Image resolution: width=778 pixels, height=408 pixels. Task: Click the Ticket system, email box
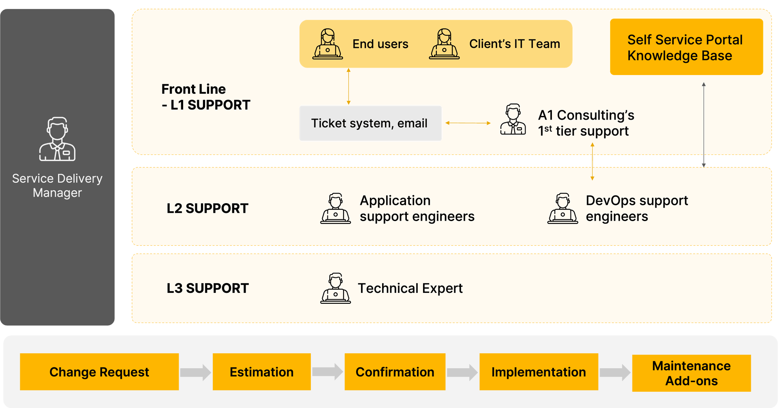click(x=370, y=123)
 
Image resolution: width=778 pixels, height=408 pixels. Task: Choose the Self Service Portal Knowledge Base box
click(x=686, y=47)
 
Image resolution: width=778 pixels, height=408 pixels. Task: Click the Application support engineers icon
click(x=336, y=208)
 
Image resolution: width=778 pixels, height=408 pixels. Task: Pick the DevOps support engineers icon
click(x=562, y=208)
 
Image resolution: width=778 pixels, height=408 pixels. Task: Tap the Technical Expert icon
click(x=336, y=288)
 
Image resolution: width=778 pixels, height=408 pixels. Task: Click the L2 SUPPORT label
click(x=207, y=208)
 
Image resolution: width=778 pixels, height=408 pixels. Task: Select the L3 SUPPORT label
click(x=207, y=288)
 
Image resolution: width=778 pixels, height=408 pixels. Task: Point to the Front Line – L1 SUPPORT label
click(x=205, y=97)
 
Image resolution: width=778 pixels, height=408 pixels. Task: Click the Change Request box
click(x=99, y=372)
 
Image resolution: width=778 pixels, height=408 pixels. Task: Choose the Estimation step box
click(x=262, y=372)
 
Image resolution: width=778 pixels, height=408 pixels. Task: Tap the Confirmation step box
click(x=395, y=372)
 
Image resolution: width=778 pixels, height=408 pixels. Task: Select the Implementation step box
click(x=539, y=372)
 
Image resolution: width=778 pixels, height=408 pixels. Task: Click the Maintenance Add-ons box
click(x=691, y=373)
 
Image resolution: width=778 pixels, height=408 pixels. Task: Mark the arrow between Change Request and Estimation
click(x=196, y=372)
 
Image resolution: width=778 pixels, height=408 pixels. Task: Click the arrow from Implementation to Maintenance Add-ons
click(x=615, y=372)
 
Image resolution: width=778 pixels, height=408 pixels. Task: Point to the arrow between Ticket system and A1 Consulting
click(x=468, y=123)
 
